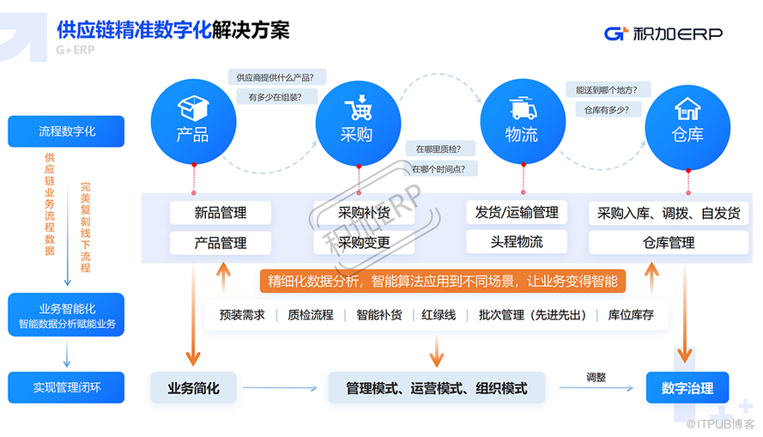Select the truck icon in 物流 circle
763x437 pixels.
click(x=522, y=109)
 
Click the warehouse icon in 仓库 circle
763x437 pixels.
click(x=687, y=109)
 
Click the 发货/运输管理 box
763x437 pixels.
click(x=517, y=212)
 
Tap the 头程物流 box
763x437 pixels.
click(x=517, y=241)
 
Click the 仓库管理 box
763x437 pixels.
click(x=669, y=243)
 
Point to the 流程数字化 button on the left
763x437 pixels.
click(x=66, y=131)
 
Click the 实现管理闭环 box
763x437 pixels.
click(x=66, y=387)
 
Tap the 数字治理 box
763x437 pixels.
click(x=687, y=388)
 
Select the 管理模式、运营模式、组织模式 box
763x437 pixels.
click(x=436, y=388)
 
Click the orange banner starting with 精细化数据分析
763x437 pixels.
click(x=443, y=281)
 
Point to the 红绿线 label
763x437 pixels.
click(x=439, y=315)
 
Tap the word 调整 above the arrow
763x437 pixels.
click(x=596, y=376)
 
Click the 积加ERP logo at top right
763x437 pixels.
click(x=663, y=33)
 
